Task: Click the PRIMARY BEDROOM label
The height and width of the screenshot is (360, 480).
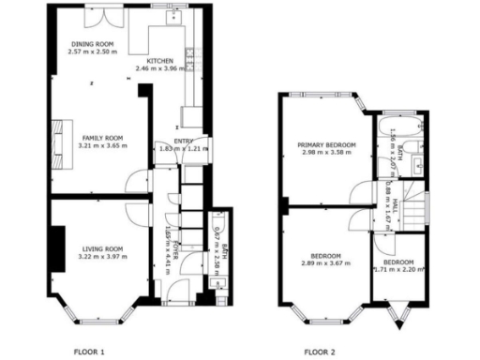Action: pyautogui.click(x=327, y=145)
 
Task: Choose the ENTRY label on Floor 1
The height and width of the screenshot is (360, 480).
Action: pyautogui.click(x=184, y=141)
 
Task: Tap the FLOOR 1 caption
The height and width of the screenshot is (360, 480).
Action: pyautogui.click(x=90, y=352)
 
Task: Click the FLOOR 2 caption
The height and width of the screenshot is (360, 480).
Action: pyautogui.click(x=320, y=352)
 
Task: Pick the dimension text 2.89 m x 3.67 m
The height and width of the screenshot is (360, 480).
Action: pyautogui.click(x=325, y=263)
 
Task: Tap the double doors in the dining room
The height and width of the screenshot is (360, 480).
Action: pyautogui.click(x=99, y=16)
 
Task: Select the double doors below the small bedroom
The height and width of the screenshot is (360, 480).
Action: pyautogui.click(x=398, y=314)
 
